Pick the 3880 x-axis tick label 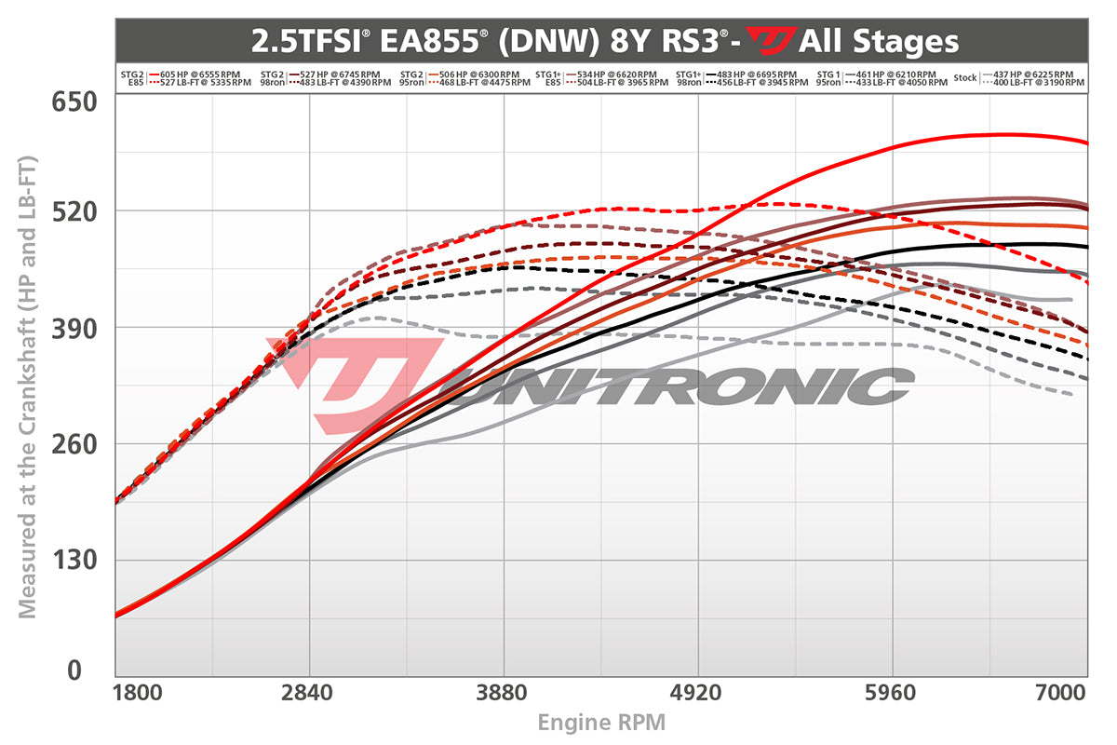coord(504,695)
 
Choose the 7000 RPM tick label coord(1061,695)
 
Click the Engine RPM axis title coord(601,722)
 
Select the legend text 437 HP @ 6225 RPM coord(1033,74)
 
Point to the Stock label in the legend coord(965,78)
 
